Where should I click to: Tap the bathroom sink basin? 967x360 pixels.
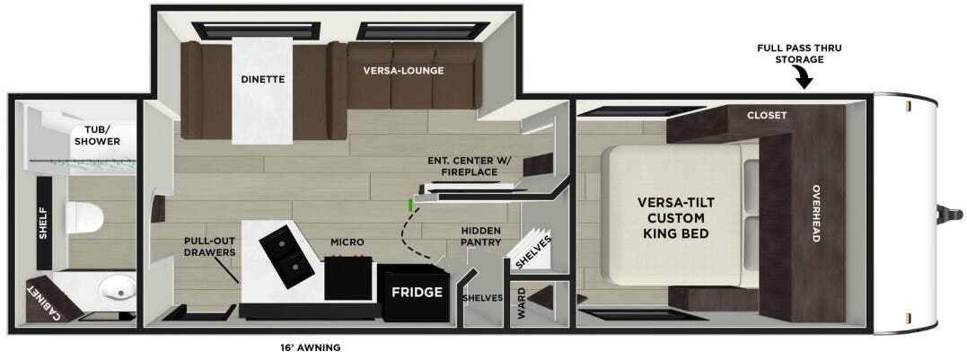(116, 291)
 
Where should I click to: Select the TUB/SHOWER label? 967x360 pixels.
(97, 136)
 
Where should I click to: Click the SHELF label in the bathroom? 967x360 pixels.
(43, 224)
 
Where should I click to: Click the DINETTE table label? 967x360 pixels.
(262, 79)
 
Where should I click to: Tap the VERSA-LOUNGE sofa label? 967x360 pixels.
(403, 70)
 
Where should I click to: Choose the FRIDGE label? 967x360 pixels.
(416, 293)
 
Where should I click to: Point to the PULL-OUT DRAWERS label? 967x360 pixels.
(210, 247)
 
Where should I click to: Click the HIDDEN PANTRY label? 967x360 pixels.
(480, 236)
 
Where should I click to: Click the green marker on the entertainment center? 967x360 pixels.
(410, 205)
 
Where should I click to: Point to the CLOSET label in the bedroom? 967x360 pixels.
(767, 116)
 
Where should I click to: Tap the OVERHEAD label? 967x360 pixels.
(816, 213)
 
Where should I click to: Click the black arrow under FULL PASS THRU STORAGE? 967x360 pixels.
(804, 81)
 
